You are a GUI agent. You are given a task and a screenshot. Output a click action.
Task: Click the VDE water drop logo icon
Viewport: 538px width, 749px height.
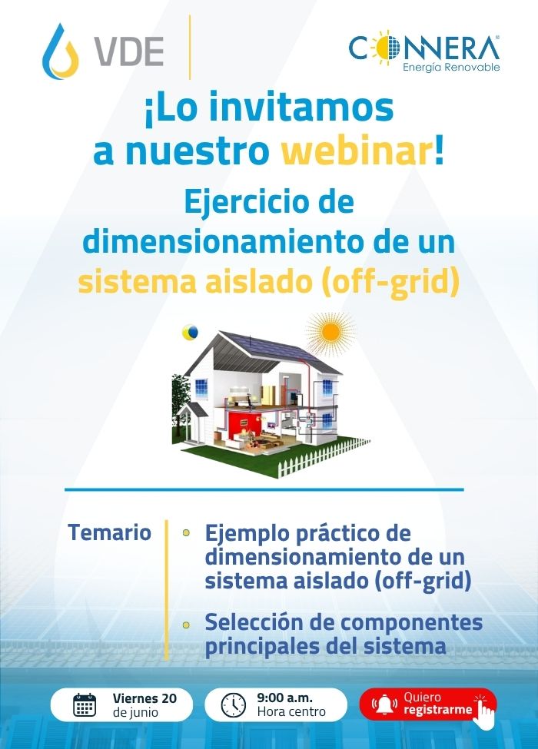click(x=60, y=51)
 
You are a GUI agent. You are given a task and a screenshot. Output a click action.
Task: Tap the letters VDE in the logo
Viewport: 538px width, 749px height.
click(x=128, y=51)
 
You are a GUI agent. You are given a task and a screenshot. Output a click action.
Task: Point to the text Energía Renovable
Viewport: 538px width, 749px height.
click(x=451, y=67)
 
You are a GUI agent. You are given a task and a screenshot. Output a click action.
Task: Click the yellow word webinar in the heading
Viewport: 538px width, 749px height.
click(x=357, y=151)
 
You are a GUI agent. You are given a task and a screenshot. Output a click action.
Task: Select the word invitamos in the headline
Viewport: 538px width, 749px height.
click(x=301, y=108)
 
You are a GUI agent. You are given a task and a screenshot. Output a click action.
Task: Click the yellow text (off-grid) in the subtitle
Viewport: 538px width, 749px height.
click(x=390, y=282)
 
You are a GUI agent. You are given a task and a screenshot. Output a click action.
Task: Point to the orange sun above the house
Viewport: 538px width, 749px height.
click(x=330, y=333)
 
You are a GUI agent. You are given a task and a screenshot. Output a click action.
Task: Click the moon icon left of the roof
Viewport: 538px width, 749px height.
click(x=190, y=332)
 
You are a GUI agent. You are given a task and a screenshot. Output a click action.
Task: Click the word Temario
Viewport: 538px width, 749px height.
click(x=109, y=532)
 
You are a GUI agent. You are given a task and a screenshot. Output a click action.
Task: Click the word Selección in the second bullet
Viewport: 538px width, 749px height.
click(x=253, y=622)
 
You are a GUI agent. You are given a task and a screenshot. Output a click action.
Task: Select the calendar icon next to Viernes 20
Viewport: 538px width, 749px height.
click(x=85, y=704)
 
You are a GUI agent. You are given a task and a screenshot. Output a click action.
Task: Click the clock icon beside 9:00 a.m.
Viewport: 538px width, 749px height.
click(x=234, y=705)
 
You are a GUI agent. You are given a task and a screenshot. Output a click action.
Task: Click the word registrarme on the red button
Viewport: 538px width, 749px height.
click(x=437, y=710)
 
